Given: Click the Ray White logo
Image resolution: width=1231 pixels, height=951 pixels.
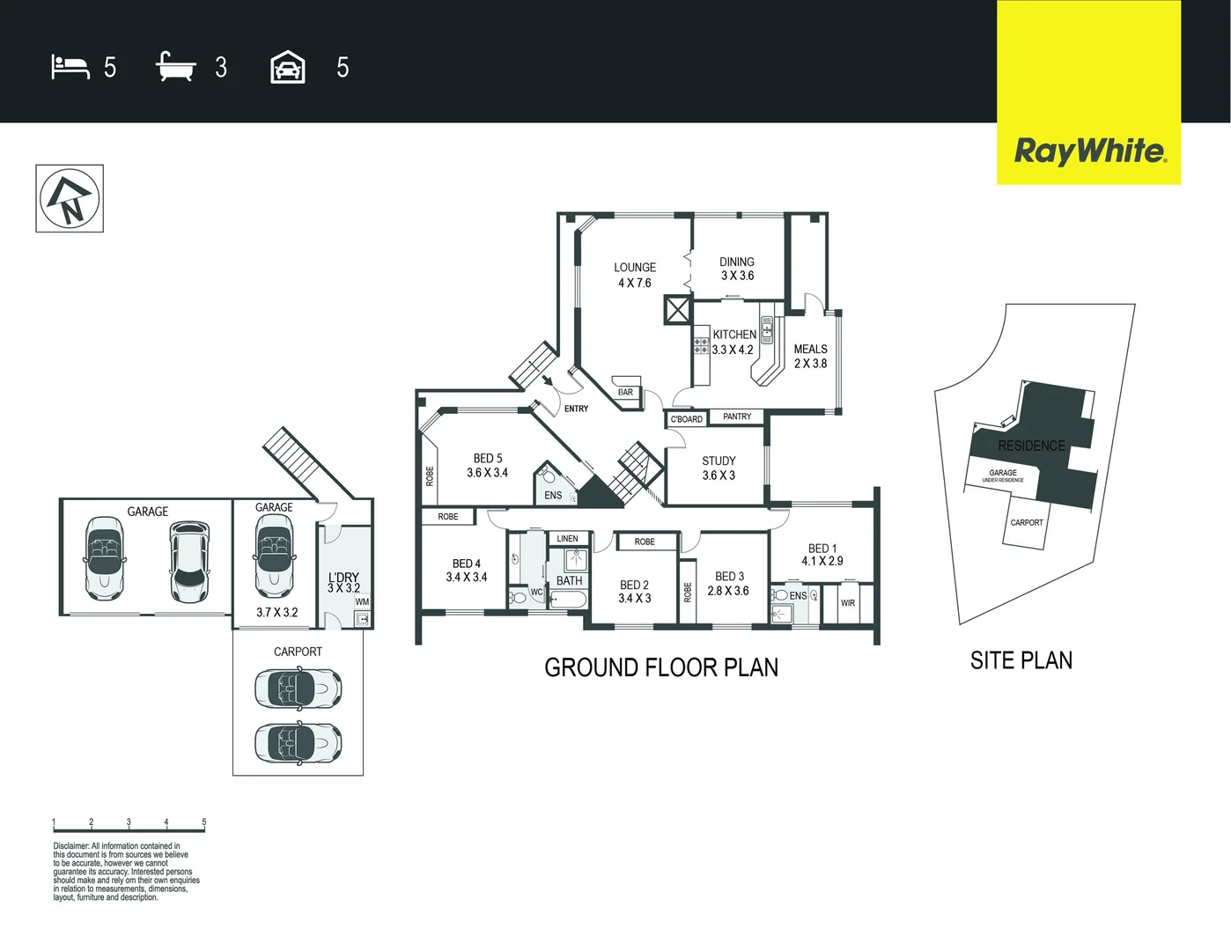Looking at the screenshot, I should pos(1089,151).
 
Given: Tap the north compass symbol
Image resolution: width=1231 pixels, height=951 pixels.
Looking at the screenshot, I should pos(70,198).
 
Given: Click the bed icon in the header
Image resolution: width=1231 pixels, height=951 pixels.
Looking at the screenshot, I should pos(70,67).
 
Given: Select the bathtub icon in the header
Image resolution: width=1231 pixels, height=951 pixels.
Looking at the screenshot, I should pos(176,67).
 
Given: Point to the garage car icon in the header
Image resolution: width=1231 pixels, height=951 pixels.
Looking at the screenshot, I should pos(288,67).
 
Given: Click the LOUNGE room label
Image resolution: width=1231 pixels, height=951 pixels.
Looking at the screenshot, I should pos(635,268).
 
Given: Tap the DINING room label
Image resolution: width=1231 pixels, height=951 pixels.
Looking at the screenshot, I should pos(737,262).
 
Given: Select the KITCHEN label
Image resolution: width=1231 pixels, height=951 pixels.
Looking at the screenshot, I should pos(734,335).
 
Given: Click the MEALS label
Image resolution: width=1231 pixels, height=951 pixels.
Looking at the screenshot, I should pos(810,350).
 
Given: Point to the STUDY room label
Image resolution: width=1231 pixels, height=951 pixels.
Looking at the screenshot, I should pos(719,461).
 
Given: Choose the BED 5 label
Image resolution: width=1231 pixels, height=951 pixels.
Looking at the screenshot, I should pos(488,458).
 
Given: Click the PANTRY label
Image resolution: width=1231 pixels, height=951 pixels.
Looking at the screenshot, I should pos(737,417).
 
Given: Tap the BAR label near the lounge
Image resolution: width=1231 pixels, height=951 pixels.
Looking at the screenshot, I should pos(625,393).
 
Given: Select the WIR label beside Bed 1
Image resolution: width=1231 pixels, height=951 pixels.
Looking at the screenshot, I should pos(847,603).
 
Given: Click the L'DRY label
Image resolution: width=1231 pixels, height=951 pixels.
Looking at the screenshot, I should pos(343,578).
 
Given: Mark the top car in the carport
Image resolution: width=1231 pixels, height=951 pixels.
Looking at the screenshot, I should pos(298,688).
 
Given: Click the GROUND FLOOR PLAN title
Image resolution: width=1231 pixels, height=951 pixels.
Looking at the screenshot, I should pos(661,667).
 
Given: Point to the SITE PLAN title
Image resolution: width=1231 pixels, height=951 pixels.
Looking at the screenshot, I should pos(1021,660).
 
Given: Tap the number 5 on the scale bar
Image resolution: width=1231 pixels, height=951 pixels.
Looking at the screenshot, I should pos(204,822).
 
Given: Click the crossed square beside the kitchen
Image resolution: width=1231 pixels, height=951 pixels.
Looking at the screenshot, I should pos(677,310).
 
